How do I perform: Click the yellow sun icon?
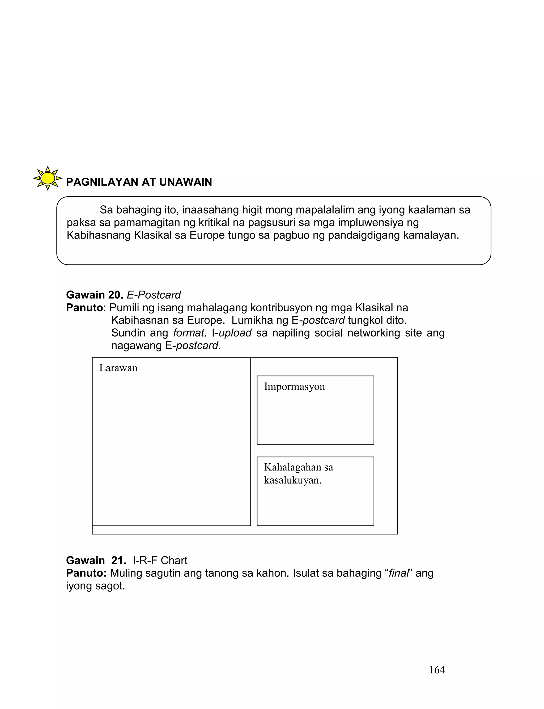48,178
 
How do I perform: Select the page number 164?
437,670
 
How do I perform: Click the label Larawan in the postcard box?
118,368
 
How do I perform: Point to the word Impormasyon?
294,387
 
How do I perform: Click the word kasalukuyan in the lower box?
292,480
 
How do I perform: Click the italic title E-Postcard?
154,295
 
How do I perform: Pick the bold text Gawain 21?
96,561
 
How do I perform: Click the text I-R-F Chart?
160,561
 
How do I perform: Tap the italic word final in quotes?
398,573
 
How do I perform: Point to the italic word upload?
235,333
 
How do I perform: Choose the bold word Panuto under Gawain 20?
84,308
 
